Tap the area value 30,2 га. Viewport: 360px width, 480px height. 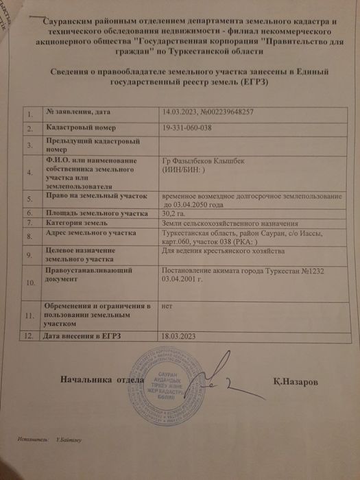[x=173, y=213]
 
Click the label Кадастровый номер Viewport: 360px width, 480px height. [x=81, y=128]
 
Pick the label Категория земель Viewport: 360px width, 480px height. [x=77, y=223]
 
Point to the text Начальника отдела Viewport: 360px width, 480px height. [x=101, y=379]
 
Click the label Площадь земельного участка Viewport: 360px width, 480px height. [x=93, y=213]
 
